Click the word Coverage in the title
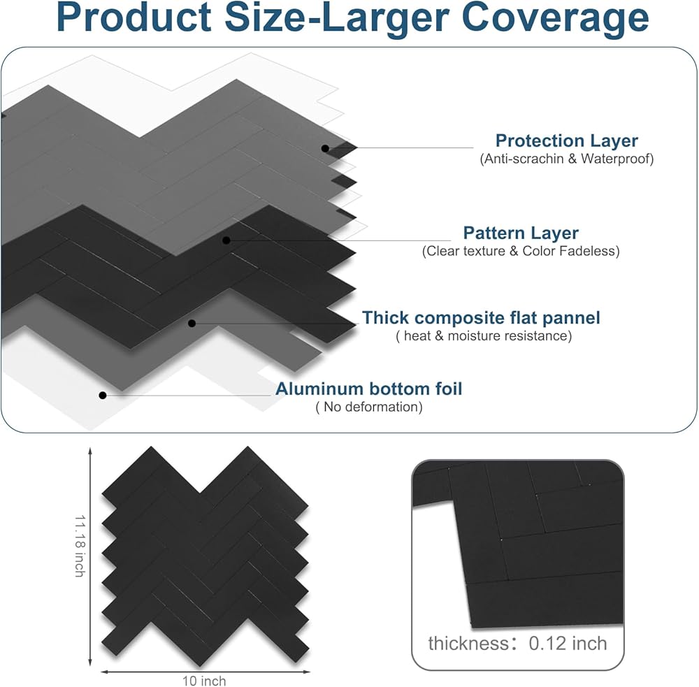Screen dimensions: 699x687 coord(555,18)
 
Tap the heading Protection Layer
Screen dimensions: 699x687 coord(567,140)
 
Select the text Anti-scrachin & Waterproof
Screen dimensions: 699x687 coord(567,159)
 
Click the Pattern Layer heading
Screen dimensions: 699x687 coord(521,233)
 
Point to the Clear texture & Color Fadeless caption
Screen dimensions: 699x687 coord(521,251)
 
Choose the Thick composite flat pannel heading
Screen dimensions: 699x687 coord(481,318)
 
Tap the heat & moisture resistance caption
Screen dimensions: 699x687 coord(484,335)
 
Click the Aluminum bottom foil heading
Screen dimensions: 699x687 coord(368,389)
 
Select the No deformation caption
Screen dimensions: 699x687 coord(368,407)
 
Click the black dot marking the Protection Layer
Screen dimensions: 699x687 coord(326,148)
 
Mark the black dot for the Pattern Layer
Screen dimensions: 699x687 coord(226,240)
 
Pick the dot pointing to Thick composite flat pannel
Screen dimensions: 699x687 coord(192,323)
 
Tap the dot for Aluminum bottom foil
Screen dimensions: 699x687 coord(103,396)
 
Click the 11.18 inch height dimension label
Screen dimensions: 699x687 coord(80,546)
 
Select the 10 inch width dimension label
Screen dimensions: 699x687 coord(204,681)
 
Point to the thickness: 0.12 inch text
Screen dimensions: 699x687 coord(517,643)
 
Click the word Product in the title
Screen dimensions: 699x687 coord(134,18)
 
